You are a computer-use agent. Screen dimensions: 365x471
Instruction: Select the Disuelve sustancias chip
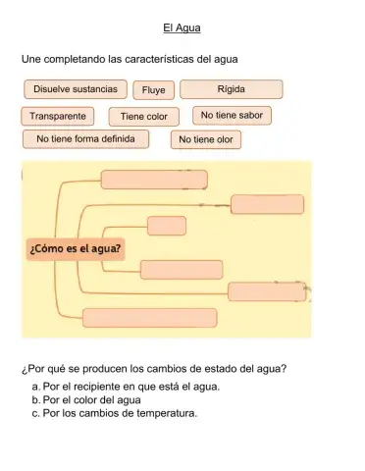(76, 89)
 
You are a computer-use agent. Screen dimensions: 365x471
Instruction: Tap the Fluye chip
(153, 91)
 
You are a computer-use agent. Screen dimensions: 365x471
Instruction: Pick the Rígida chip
(232, 89)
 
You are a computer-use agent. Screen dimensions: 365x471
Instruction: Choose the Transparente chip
(58, 116)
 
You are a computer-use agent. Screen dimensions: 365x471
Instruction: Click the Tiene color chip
(144, 117)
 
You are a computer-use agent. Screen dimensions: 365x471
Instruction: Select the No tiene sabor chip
(232, 115)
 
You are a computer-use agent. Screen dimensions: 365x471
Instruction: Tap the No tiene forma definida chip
(85, 138)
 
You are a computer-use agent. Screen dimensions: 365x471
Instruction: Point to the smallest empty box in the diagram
(167, 225)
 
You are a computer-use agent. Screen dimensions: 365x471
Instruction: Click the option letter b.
(35, 399)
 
